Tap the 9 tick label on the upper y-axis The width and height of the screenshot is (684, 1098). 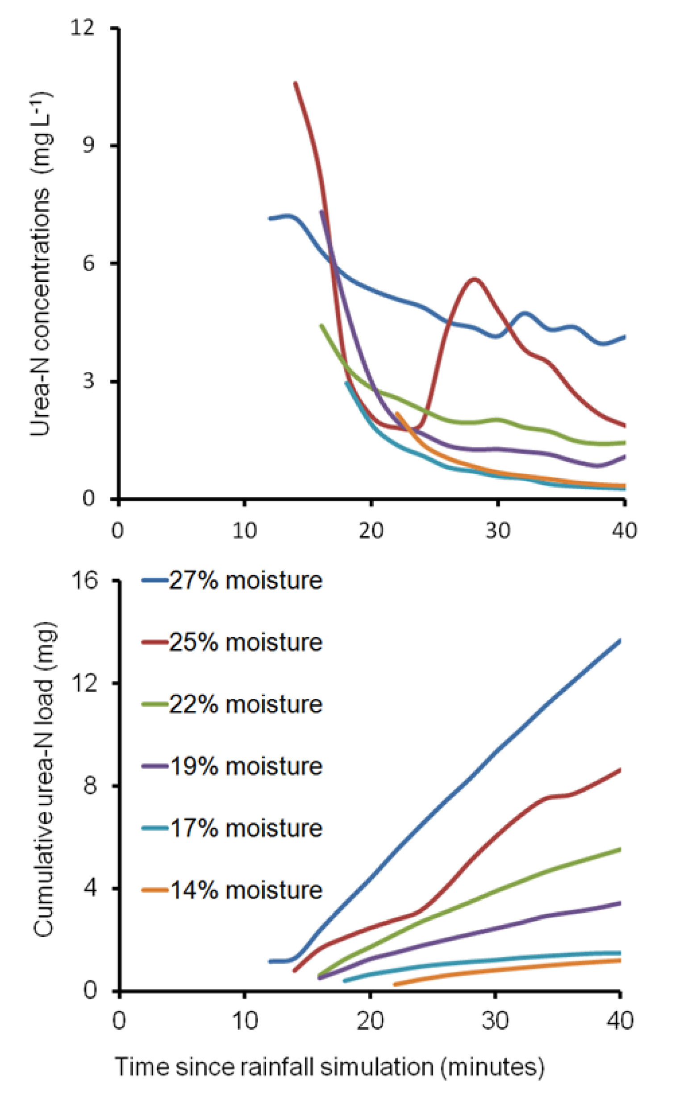[x=88, y=146]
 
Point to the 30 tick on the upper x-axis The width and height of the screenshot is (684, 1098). [x=498, y=530]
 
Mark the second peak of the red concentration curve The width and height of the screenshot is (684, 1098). [x=474, y=279]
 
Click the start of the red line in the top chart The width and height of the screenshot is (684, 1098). [x=296, y=83]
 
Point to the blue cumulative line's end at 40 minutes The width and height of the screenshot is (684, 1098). [x=620, y=640]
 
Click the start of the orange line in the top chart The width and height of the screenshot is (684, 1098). [x=397, y=413]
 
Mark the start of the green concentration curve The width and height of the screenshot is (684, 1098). [x=321, y=325]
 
